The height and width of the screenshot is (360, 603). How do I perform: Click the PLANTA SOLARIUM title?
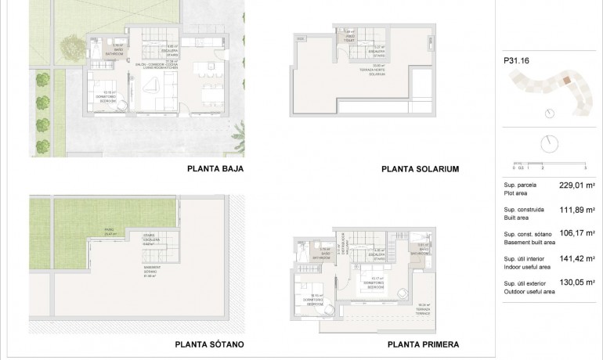click(419, 168)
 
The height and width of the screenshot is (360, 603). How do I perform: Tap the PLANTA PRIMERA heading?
click(423, 344)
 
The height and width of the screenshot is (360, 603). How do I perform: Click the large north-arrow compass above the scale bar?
click(550, 144)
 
